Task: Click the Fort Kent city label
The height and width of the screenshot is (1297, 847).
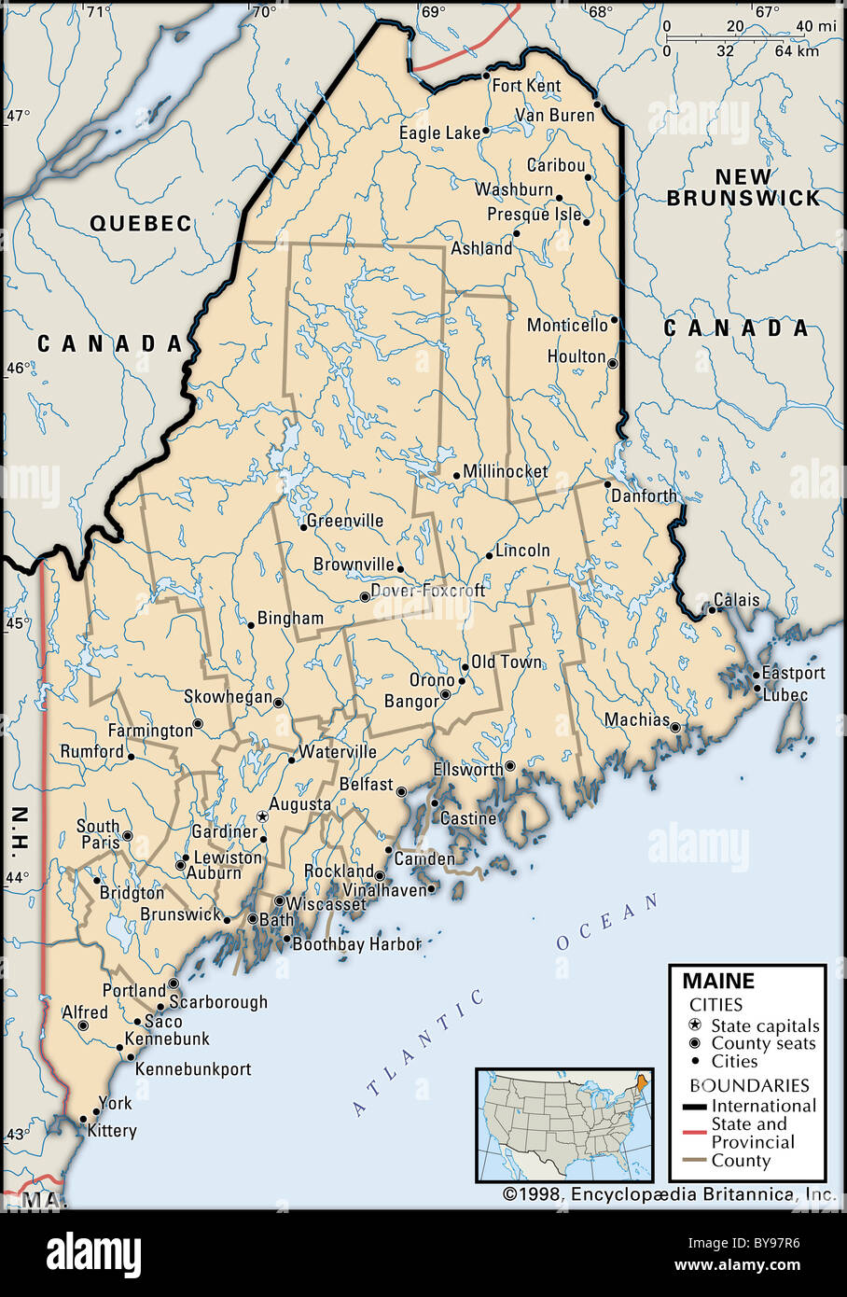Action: click(526, 86)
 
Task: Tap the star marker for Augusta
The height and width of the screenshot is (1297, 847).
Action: click(263, 816)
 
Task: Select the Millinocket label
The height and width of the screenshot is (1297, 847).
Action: click(505, 471)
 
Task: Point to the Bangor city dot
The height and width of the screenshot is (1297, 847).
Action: click(446, 694)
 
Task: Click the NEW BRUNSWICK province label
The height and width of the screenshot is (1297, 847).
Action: click(743, 188)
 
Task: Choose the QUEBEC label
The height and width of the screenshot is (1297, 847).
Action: click(141, 223)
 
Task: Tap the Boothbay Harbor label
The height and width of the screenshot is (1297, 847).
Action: click(357, 944)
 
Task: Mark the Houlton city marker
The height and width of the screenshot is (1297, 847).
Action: click(613, 363)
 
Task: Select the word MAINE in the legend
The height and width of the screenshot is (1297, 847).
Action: click(718, 981)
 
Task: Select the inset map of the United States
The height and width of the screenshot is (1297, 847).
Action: click(563, 1125)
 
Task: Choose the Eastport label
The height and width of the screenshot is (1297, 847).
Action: click(793, 673)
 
